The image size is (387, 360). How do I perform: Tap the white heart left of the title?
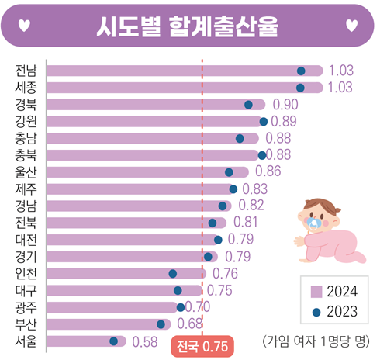tap(26, 26)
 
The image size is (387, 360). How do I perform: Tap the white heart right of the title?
tap(352, 26)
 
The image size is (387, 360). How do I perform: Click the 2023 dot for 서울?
tap(114, 341)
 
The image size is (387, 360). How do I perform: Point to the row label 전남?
tap(25, 71)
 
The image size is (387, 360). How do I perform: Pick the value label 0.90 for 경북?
tap(285, 105)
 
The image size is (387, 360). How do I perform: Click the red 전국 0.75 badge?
tap(201, 346)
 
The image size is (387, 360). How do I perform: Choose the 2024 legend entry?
tap(334, 292)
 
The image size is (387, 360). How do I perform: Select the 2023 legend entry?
tap(334, 312)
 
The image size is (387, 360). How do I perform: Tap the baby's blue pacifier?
tap(314, 223)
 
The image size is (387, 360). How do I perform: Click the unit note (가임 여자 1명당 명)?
tap(317, 341)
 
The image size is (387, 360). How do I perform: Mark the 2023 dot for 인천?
tap(173, 274)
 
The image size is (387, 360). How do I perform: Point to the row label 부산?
tap(25, 324)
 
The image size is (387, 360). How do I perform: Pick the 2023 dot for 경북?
tap(248, 105)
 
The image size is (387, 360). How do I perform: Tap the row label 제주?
tap(25, 189)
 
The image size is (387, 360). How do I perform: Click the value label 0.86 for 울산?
tap(268, 172)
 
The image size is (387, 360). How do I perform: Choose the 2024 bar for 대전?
tap(132, 240)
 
